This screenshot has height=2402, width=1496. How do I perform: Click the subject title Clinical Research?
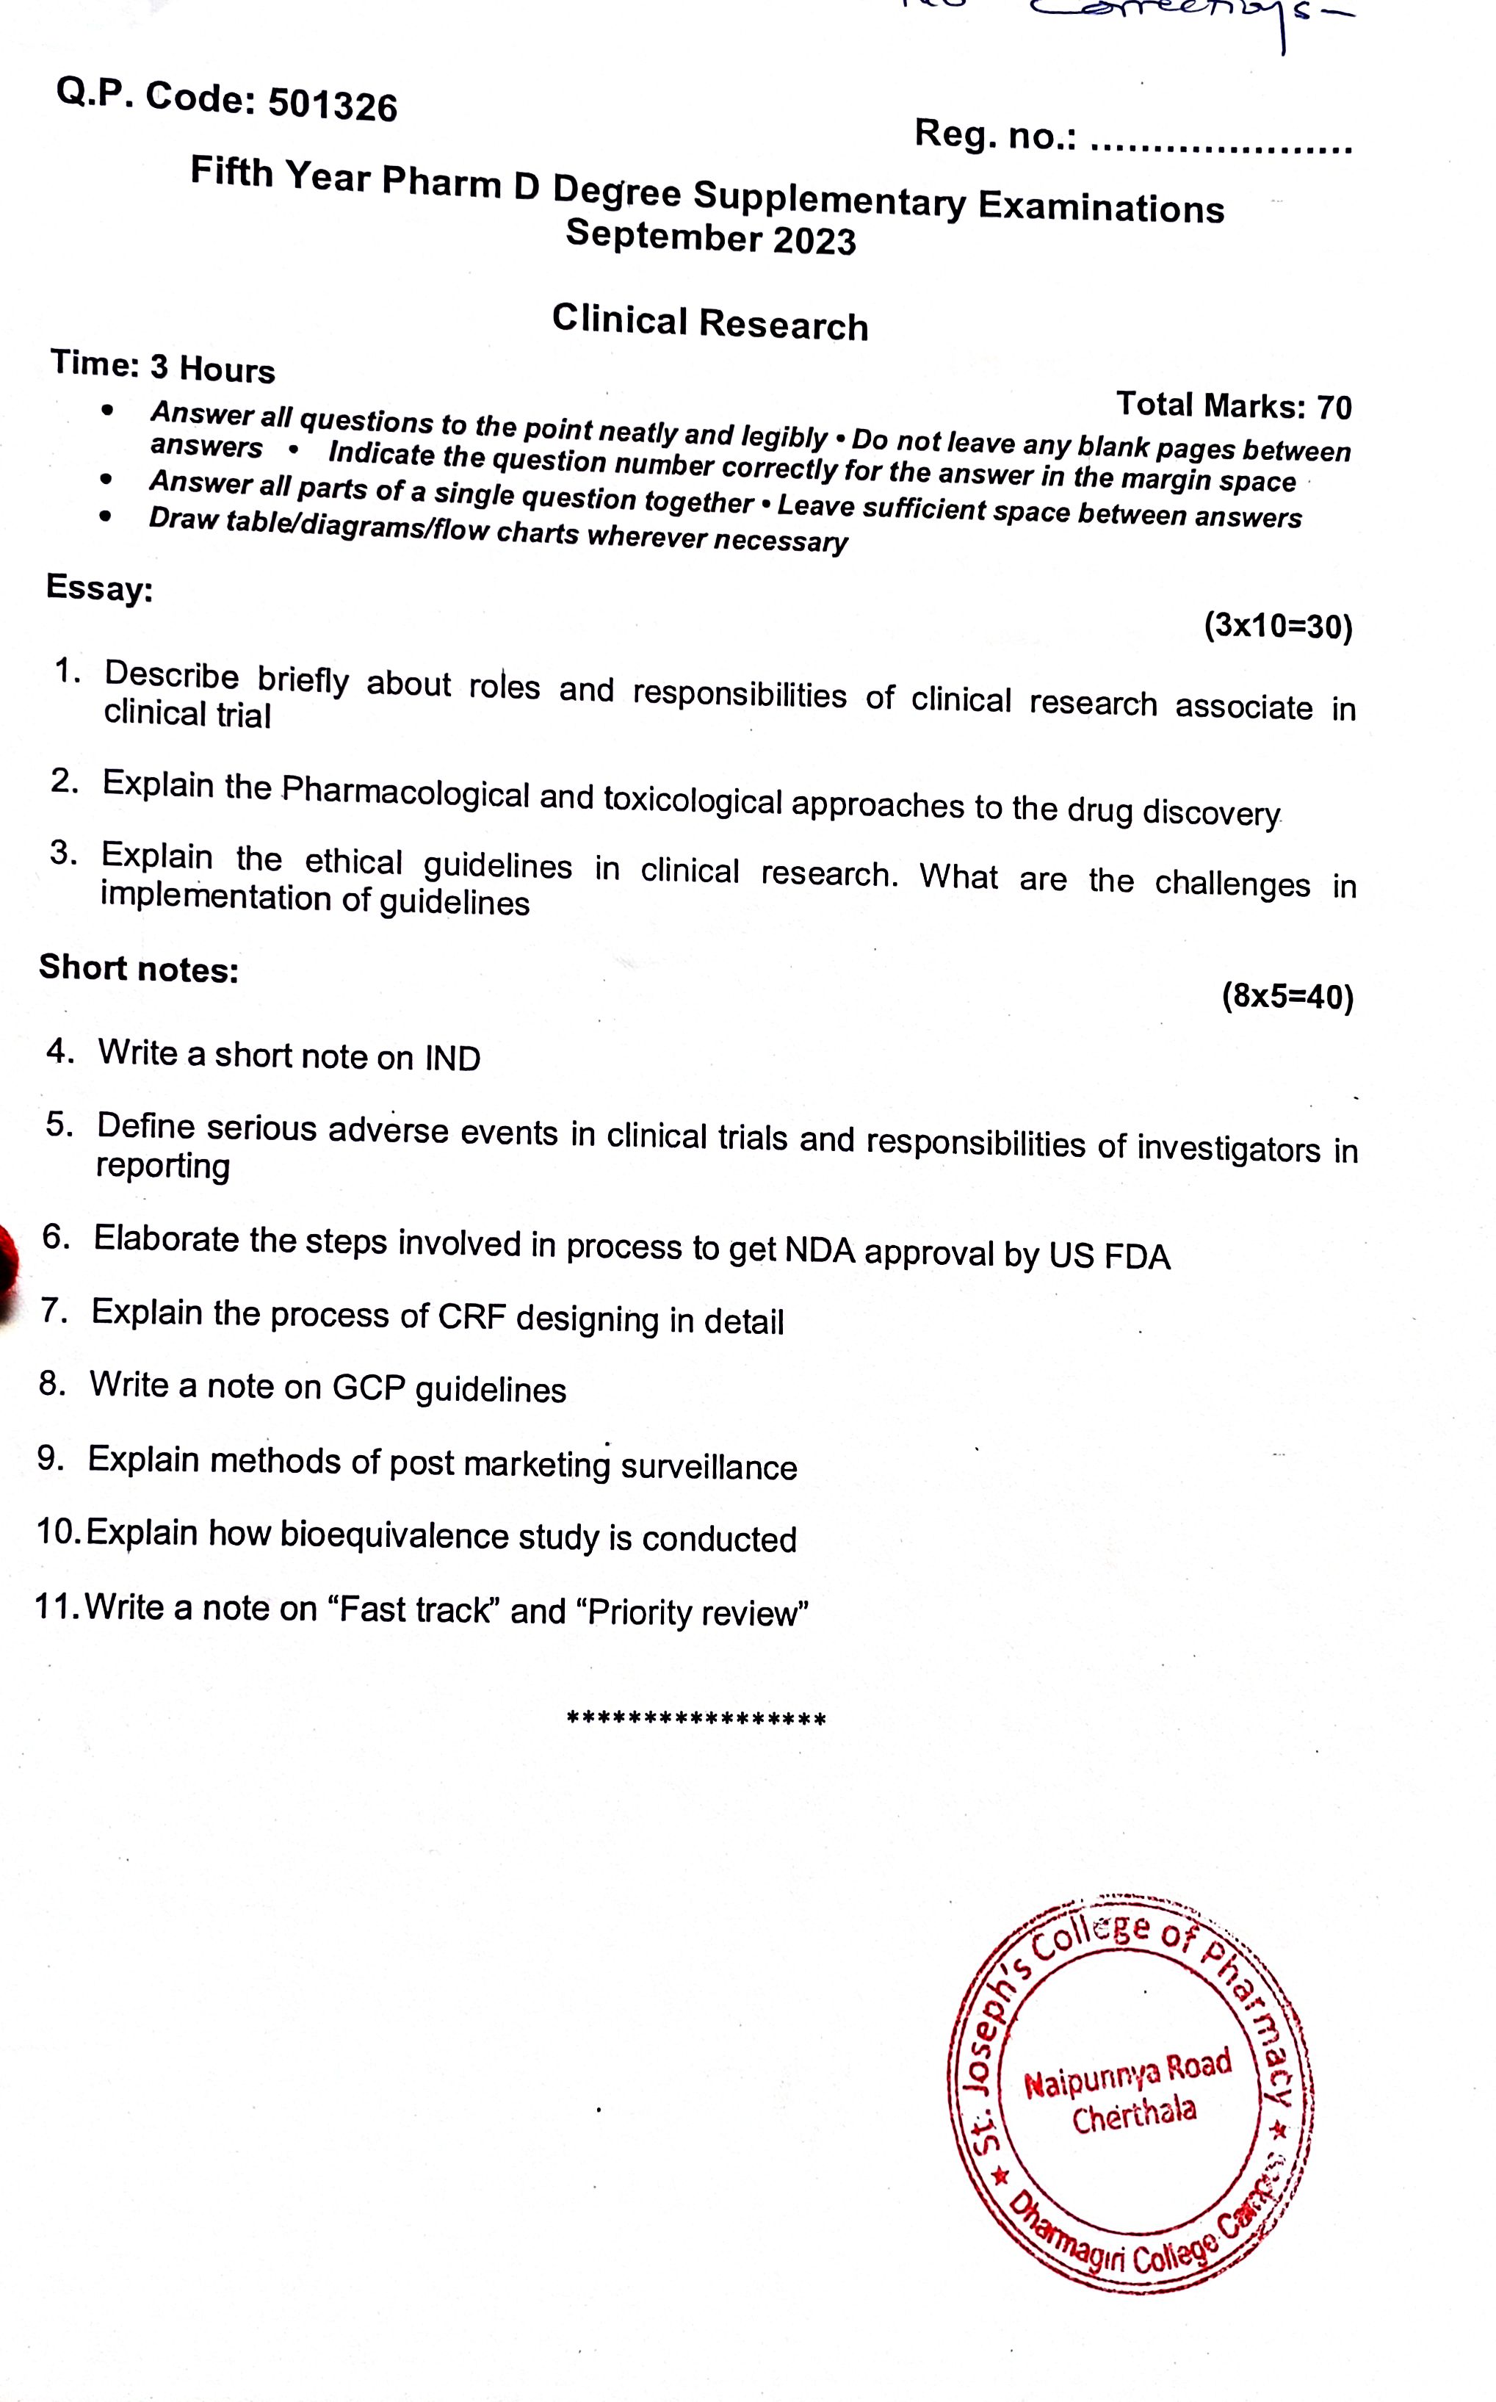pyautogui.click(x=709, y=322)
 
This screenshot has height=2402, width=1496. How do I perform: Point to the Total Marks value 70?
pyautogui.click(x=1334, y=407)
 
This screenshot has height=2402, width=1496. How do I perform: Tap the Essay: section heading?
pyautogui.click(x=99, y=588)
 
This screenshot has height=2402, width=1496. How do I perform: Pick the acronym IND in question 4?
pyautogui.click(x=452, y=1058)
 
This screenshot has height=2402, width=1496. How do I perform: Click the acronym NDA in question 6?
pyautogui.click(x=820, y=1250)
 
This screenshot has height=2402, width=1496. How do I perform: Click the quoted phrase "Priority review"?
pyautogui.click(x=698, y=1612)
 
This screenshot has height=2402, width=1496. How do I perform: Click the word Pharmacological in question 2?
pyautogui.click(x=405, y=791)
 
